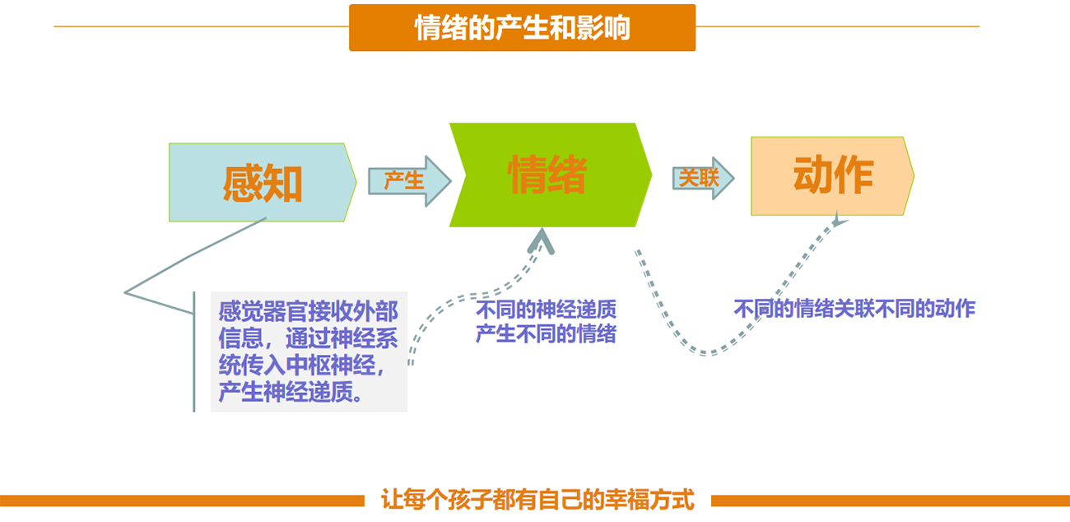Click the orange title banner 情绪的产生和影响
(522, 28)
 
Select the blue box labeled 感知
(263, 182)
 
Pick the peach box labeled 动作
(832, 176)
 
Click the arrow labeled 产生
(409, 181)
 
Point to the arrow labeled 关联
(703, 179)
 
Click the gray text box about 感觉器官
(309, 352)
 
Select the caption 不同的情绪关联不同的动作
(854, 308)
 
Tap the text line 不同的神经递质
(546, 310)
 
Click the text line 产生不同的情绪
(546, 333)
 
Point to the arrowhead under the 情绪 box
(542, 240)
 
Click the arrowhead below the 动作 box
(839, 219)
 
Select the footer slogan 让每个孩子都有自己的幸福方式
(537, 500)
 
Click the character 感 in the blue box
(242, 184)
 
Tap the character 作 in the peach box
(854, 175)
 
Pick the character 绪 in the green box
(567, 175)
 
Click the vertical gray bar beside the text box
(194, 352)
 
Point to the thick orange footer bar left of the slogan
(182, 501)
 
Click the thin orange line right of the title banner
(837, 26)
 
